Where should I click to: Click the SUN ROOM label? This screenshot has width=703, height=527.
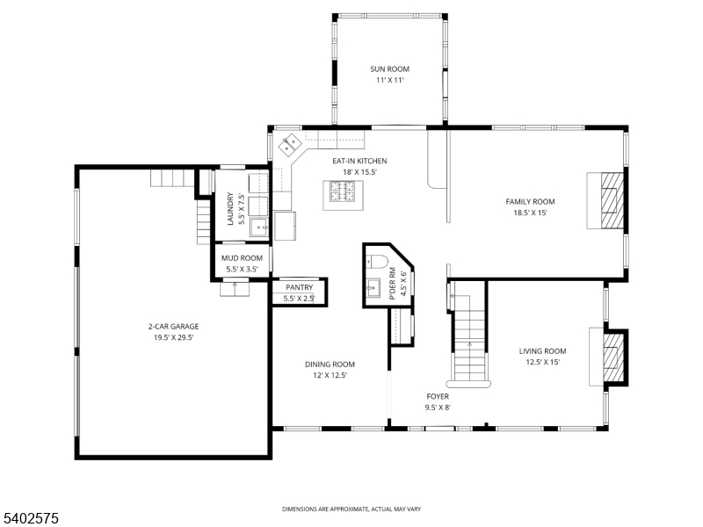389,69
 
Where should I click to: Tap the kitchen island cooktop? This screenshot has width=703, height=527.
344,191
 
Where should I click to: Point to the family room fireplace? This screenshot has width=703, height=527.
612,200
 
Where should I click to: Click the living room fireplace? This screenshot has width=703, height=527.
613,357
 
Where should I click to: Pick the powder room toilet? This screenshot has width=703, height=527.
377,261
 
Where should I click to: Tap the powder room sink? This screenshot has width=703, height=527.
373,288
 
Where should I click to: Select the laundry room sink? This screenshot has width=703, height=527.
259,227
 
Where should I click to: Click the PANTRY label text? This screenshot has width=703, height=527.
299,287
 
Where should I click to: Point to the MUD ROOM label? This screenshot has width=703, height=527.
242,258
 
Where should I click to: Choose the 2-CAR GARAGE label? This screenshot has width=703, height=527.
173,327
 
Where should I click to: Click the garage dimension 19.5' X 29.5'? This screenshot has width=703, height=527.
173,338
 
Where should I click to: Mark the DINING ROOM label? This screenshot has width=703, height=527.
330,365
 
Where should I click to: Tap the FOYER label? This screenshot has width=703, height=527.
438,397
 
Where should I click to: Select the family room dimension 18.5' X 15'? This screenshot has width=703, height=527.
531,213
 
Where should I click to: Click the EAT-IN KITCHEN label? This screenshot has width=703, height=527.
359,161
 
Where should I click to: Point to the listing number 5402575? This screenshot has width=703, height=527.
30,518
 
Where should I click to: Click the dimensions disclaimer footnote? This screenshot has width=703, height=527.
351,509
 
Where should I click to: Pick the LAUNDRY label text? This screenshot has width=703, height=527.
230,209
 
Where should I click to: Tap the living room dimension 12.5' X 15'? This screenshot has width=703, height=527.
543,363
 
